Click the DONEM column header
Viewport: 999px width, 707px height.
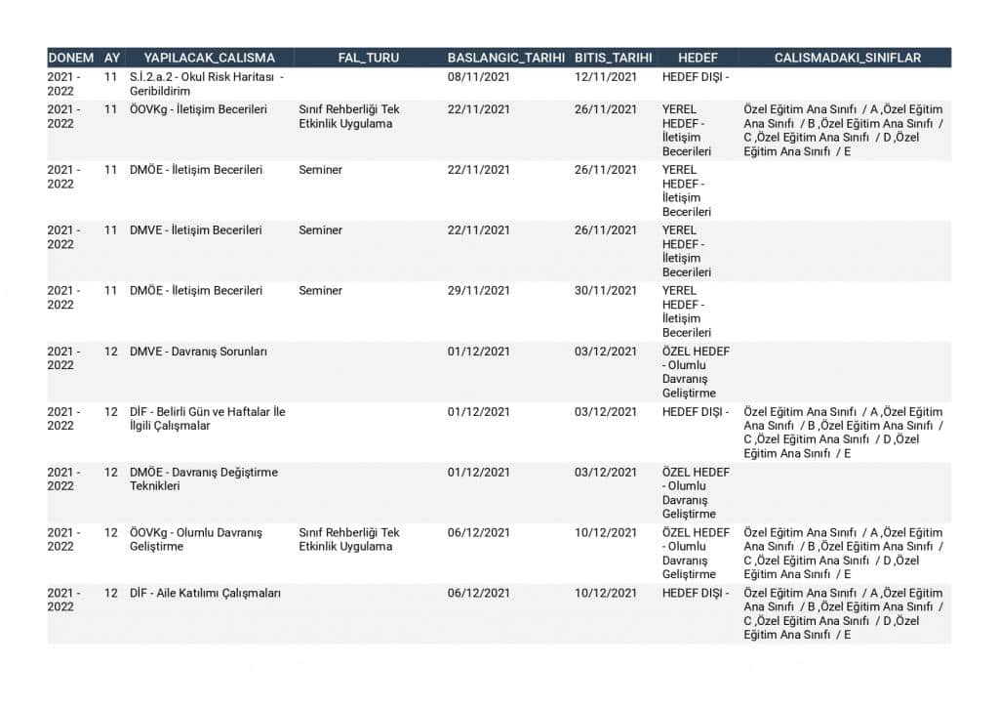coord(70,58)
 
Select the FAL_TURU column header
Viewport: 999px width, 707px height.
coord(368,58)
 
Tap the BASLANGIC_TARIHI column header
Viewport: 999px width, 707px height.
coord(505,58)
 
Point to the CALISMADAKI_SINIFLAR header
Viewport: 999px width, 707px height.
coord(847,58)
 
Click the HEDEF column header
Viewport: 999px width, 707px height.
coord(697,58)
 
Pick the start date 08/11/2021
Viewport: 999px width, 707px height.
coord(478,77)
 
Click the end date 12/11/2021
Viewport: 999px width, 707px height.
coord(605,77)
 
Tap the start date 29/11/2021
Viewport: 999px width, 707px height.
coord(478,291)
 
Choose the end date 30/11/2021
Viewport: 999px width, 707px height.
coord(605,291)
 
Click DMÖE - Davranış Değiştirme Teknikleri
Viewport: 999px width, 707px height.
coord(203,478)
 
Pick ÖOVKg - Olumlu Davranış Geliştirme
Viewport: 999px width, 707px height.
coord(196,539)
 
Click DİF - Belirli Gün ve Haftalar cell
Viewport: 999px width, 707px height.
coord(207,419)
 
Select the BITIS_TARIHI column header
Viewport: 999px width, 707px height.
coord(613,58)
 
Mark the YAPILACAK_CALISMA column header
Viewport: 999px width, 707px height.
coord(209,58)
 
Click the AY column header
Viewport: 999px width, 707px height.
coord(112,58)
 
